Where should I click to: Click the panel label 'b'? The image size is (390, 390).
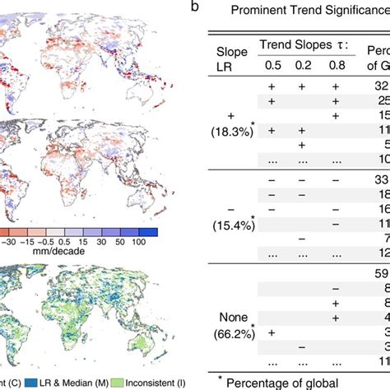193,7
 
